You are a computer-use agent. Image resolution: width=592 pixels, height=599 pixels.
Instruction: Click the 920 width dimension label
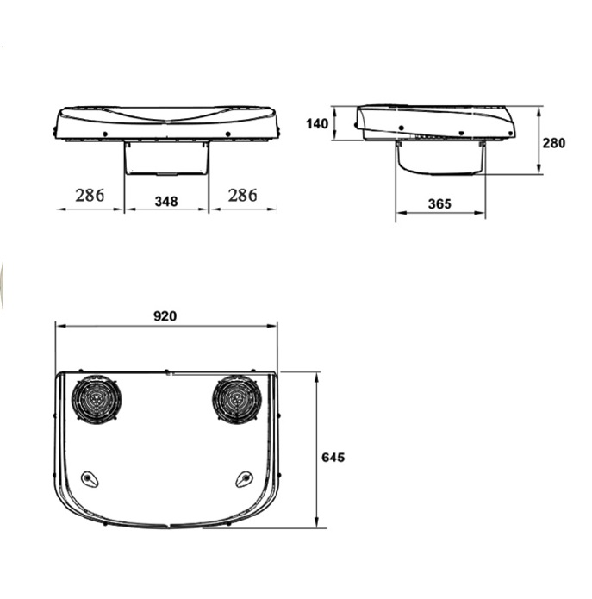click(165, 316)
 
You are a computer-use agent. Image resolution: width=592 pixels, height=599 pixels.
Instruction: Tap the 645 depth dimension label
click(333, 458)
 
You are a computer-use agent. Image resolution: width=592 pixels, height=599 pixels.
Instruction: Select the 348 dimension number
click(166, 202)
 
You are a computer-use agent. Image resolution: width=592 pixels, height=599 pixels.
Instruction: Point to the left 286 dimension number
click(90, 195)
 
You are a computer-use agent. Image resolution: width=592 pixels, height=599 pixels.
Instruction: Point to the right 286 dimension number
click(242, 195)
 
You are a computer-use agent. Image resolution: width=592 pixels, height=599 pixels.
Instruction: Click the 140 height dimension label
click(317, 124)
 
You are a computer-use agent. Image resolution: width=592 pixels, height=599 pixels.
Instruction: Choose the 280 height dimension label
click(554, 143)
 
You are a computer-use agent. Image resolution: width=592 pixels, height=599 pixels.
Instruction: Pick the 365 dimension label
click(439, 204)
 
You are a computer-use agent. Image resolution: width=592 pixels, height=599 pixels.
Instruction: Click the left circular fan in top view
click(97, 400)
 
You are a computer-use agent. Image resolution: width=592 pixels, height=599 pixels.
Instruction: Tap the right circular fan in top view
click(237, 400)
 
